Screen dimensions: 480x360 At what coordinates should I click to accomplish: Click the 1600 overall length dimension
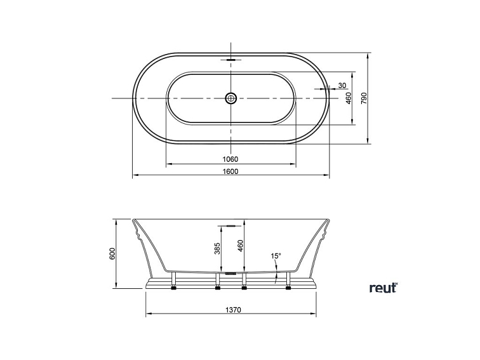pyautogui.click(x=230, y=171)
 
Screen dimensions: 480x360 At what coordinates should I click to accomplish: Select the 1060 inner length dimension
pyautogui.click(x=230, y=159)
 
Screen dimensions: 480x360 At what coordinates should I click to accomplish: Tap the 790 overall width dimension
pyautogui.click(x=364, y=98)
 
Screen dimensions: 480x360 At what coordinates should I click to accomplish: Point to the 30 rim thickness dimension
pyautogui.click(x=342, y=86)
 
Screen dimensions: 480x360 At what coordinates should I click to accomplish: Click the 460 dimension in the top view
pyautogui.click(x=349, y=98)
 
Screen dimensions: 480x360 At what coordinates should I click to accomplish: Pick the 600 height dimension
pyautogui.click(x=112, y=253)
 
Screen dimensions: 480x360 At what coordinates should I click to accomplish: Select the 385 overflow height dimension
pyautogui.click(x=217, y=249)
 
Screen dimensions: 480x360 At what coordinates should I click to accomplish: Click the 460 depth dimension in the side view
pyautogui.click(x=240, y=246)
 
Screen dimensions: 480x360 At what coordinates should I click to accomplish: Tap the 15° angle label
pyautogui.click(x=276, y=256)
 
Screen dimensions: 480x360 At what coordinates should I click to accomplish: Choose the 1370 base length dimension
pyautogui.click(x=233, y=310)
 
